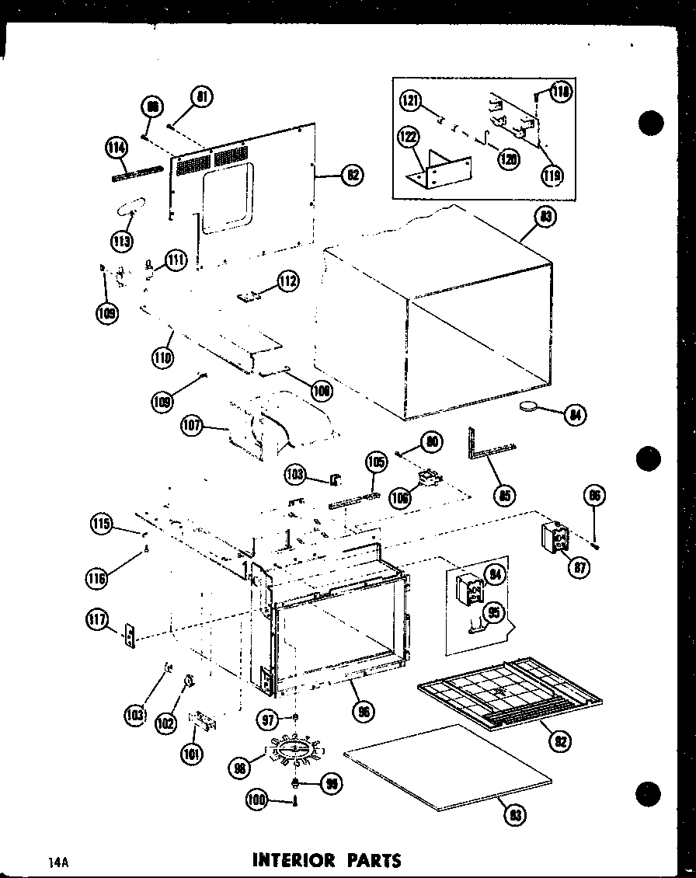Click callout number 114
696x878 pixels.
point(116,148)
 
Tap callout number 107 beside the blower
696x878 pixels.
point(192,427)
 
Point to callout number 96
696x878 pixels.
point(360,709)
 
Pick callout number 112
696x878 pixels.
point(288,281)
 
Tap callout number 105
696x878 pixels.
point(376,464)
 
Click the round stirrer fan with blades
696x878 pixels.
point(293,749)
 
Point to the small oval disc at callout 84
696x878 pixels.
point(531,406)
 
